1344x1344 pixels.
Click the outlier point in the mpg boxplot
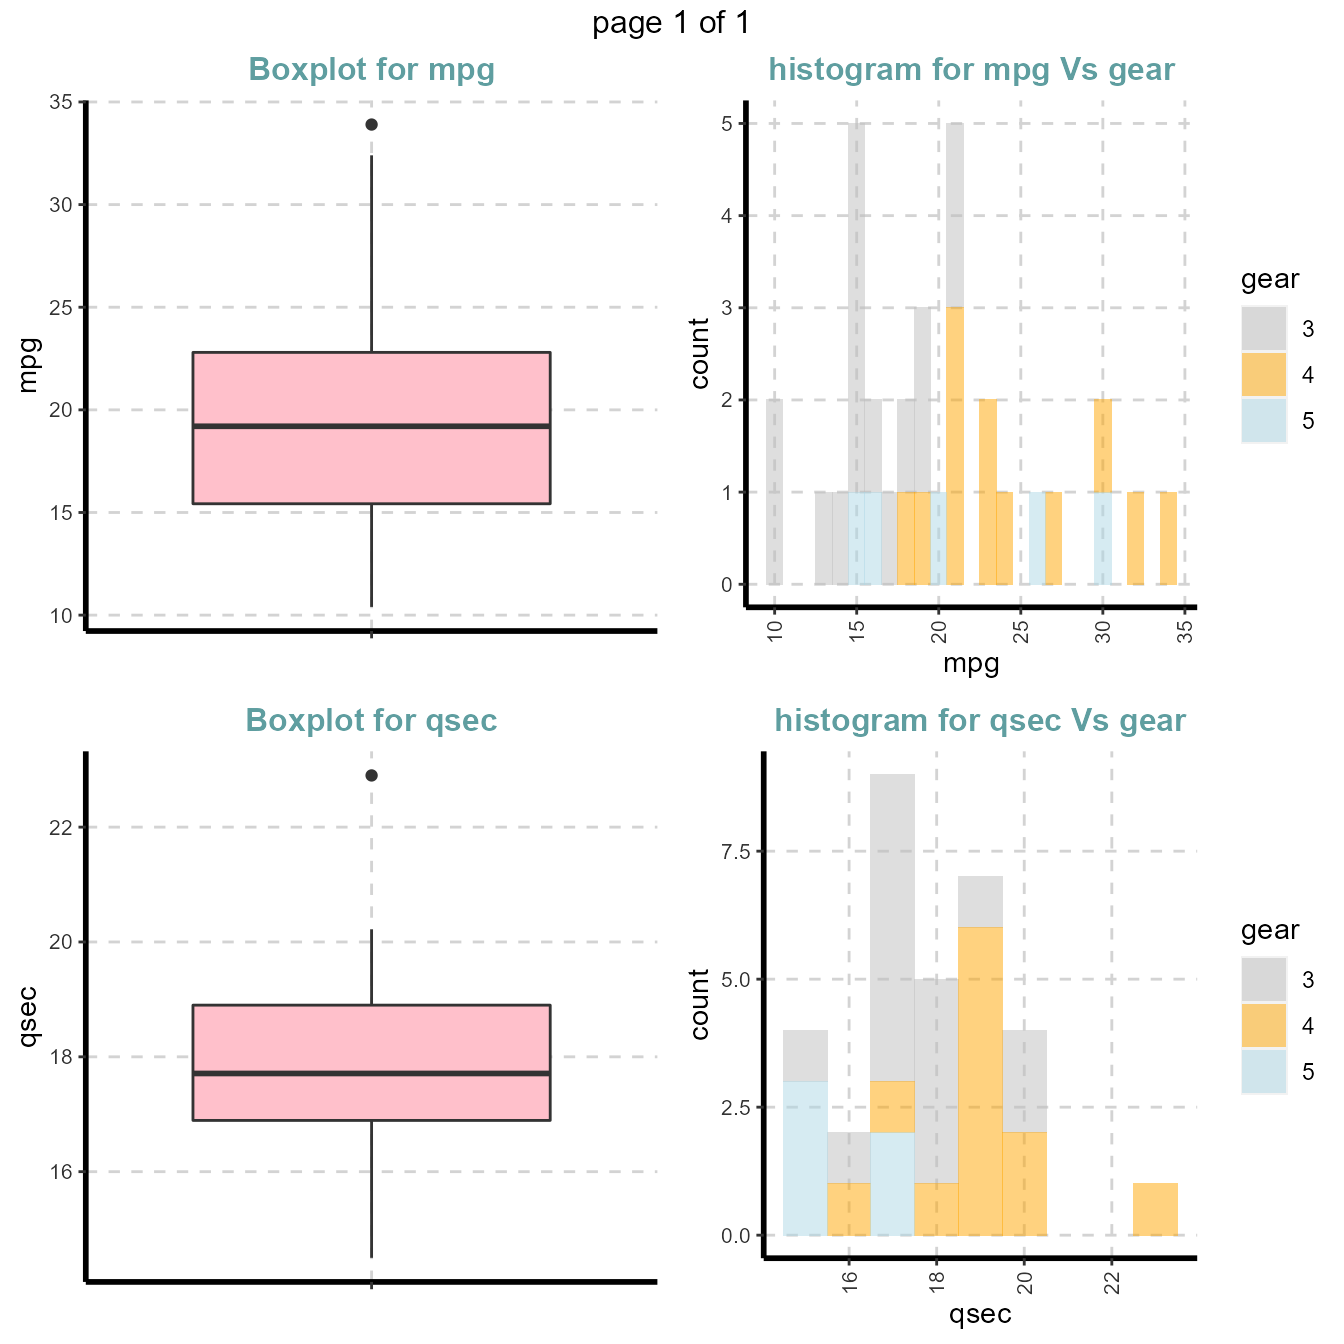[x=371, y=124]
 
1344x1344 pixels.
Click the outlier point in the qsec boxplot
[x=371, y=775]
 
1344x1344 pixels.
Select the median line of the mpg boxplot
[x=371, y=426]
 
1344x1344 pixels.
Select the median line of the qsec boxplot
[x=371, y=1073]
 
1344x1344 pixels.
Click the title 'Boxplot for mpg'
[x=371, y=70]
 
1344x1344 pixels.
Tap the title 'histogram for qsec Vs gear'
[x=979, y=721]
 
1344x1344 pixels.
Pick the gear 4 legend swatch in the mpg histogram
[x=1264, y=375]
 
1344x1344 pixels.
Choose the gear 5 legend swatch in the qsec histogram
[x=1264, y=1071]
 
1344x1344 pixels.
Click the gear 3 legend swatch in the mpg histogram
[x=1264, y=329]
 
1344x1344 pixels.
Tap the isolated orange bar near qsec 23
[x=1155, y=1209]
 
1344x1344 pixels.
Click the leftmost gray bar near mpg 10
[x=774, y=492]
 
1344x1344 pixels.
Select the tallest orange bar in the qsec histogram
[x=980, y=1080]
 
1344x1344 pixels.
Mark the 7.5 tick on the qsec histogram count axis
[x=735, y=851]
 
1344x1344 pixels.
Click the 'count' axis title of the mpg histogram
[x=699, y=353]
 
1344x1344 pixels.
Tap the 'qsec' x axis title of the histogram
[x=979, y=1314]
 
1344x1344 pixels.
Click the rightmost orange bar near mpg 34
[x=1168, y=538]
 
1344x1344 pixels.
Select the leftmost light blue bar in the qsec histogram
[x=805, y=1158]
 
